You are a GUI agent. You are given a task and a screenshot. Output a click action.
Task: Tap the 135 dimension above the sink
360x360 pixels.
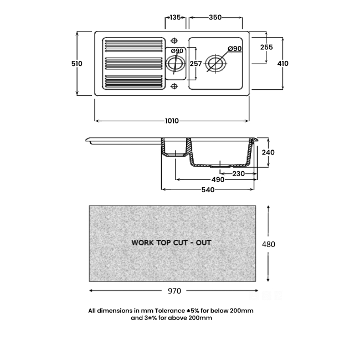176,18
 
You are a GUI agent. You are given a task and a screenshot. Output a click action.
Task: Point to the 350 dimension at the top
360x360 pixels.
215,18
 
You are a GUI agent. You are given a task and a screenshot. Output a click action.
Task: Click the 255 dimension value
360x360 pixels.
266,48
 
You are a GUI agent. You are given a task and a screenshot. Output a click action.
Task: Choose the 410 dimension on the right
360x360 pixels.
282,64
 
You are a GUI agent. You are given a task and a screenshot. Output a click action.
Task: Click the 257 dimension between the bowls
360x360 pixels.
196,64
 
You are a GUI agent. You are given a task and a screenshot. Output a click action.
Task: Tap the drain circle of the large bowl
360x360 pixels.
214,64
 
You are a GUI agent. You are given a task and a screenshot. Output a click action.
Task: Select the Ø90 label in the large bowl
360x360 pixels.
235,49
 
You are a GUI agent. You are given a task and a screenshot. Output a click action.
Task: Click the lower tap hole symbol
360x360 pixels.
174,86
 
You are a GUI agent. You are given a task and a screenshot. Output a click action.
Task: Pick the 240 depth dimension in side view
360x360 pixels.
269,152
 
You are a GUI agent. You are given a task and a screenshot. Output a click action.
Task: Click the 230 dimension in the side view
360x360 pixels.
239,174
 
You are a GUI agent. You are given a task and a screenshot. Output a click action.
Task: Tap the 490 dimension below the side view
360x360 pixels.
218,180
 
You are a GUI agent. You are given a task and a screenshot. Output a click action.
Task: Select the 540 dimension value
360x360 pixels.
208,190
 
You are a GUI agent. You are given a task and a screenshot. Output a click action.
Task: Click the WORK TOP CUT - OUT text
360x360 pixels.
171,243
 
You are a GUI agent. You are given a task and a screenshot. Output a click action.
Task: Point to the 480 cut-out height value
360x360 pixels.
269,244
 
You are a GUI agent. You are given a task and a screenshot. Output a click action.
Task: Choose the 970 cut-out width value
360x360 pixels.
173,291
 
